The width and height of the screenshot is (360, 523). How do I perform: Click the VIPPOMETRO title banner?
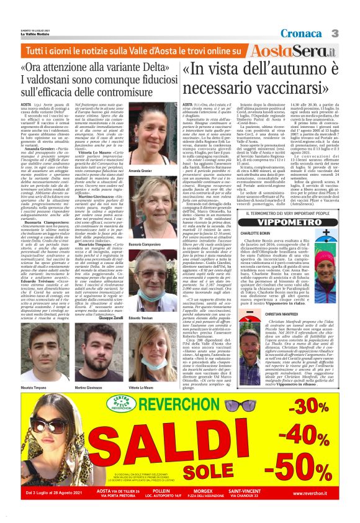291,221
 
